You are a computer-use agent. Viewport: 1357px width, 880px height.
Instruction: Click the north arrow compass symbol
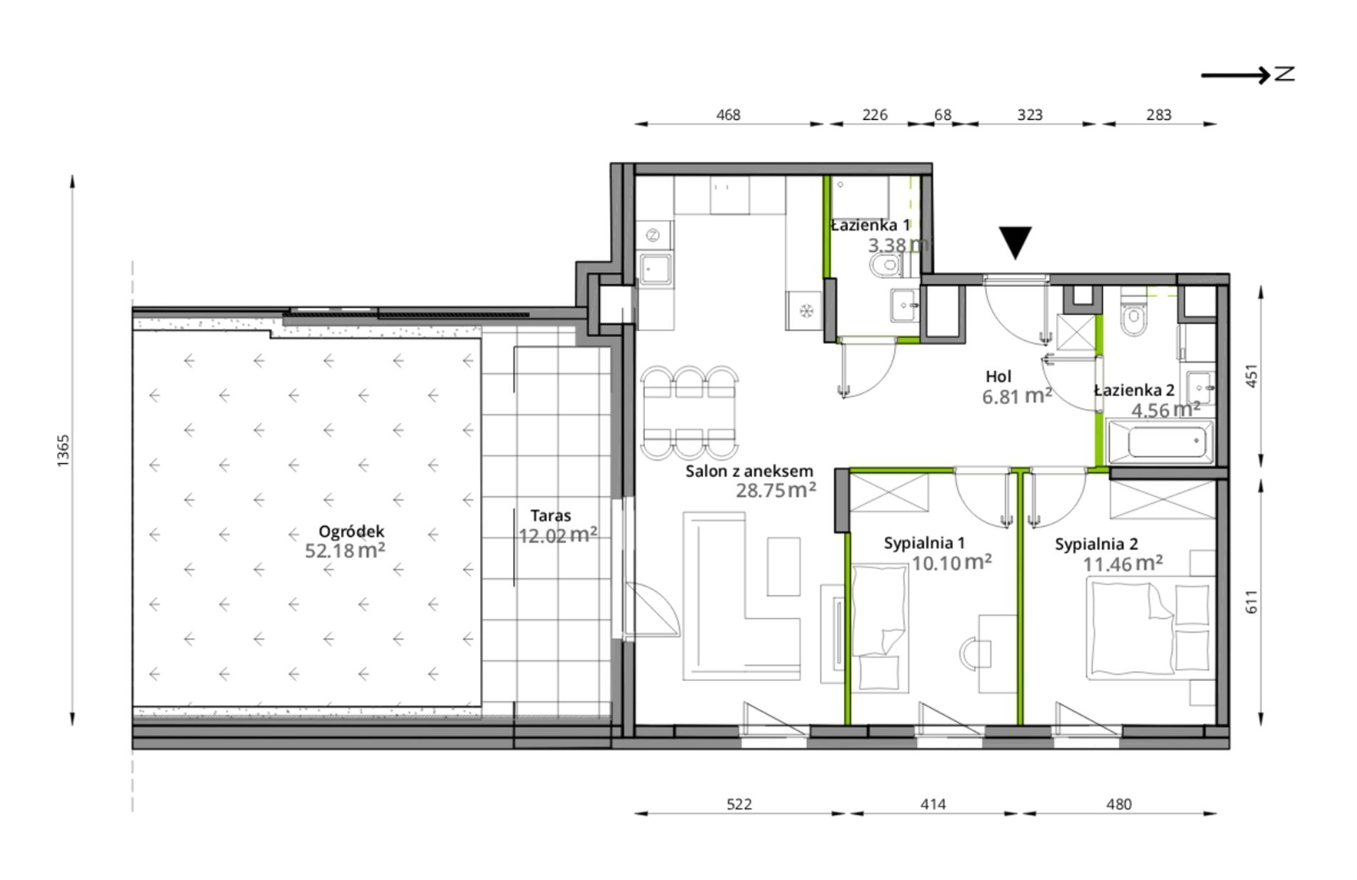(1248, 74)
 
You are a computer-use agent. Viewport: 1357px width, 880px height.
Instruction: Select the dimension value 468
(728, 114)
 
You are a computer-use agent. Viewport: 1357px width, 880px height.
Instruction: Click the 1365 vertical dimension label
(64, 450)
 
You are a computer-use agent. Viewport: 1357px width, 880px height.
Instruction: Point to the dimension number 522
(739, 804)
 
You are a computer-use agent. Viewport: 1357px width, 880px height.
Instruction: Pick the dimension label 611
(1251, 601)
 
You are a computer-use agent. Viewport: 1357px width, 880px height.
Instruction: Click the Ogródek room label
(351, 531)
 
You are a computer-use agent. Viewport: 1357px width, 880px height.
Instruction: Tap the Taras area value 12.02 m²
(558, 535)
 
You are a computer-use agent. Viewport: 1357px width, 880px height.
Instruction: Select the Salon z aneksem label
(749, 471)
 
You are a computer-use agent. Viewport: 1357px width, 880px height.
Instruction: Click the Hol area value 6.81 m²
(1017, 396)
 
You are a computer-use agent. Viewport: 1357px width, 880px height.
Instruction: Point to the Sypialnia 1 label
(924, 543)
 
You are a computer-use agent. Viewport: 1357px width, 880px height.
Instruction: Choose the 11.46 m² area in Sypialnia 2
(1123, 564)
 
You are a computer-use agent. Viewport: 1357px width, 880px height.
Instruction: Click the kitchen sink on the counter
(655, 268)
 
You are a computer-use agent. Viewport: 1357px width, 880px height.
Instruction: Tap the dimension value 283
(1158, 114)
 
